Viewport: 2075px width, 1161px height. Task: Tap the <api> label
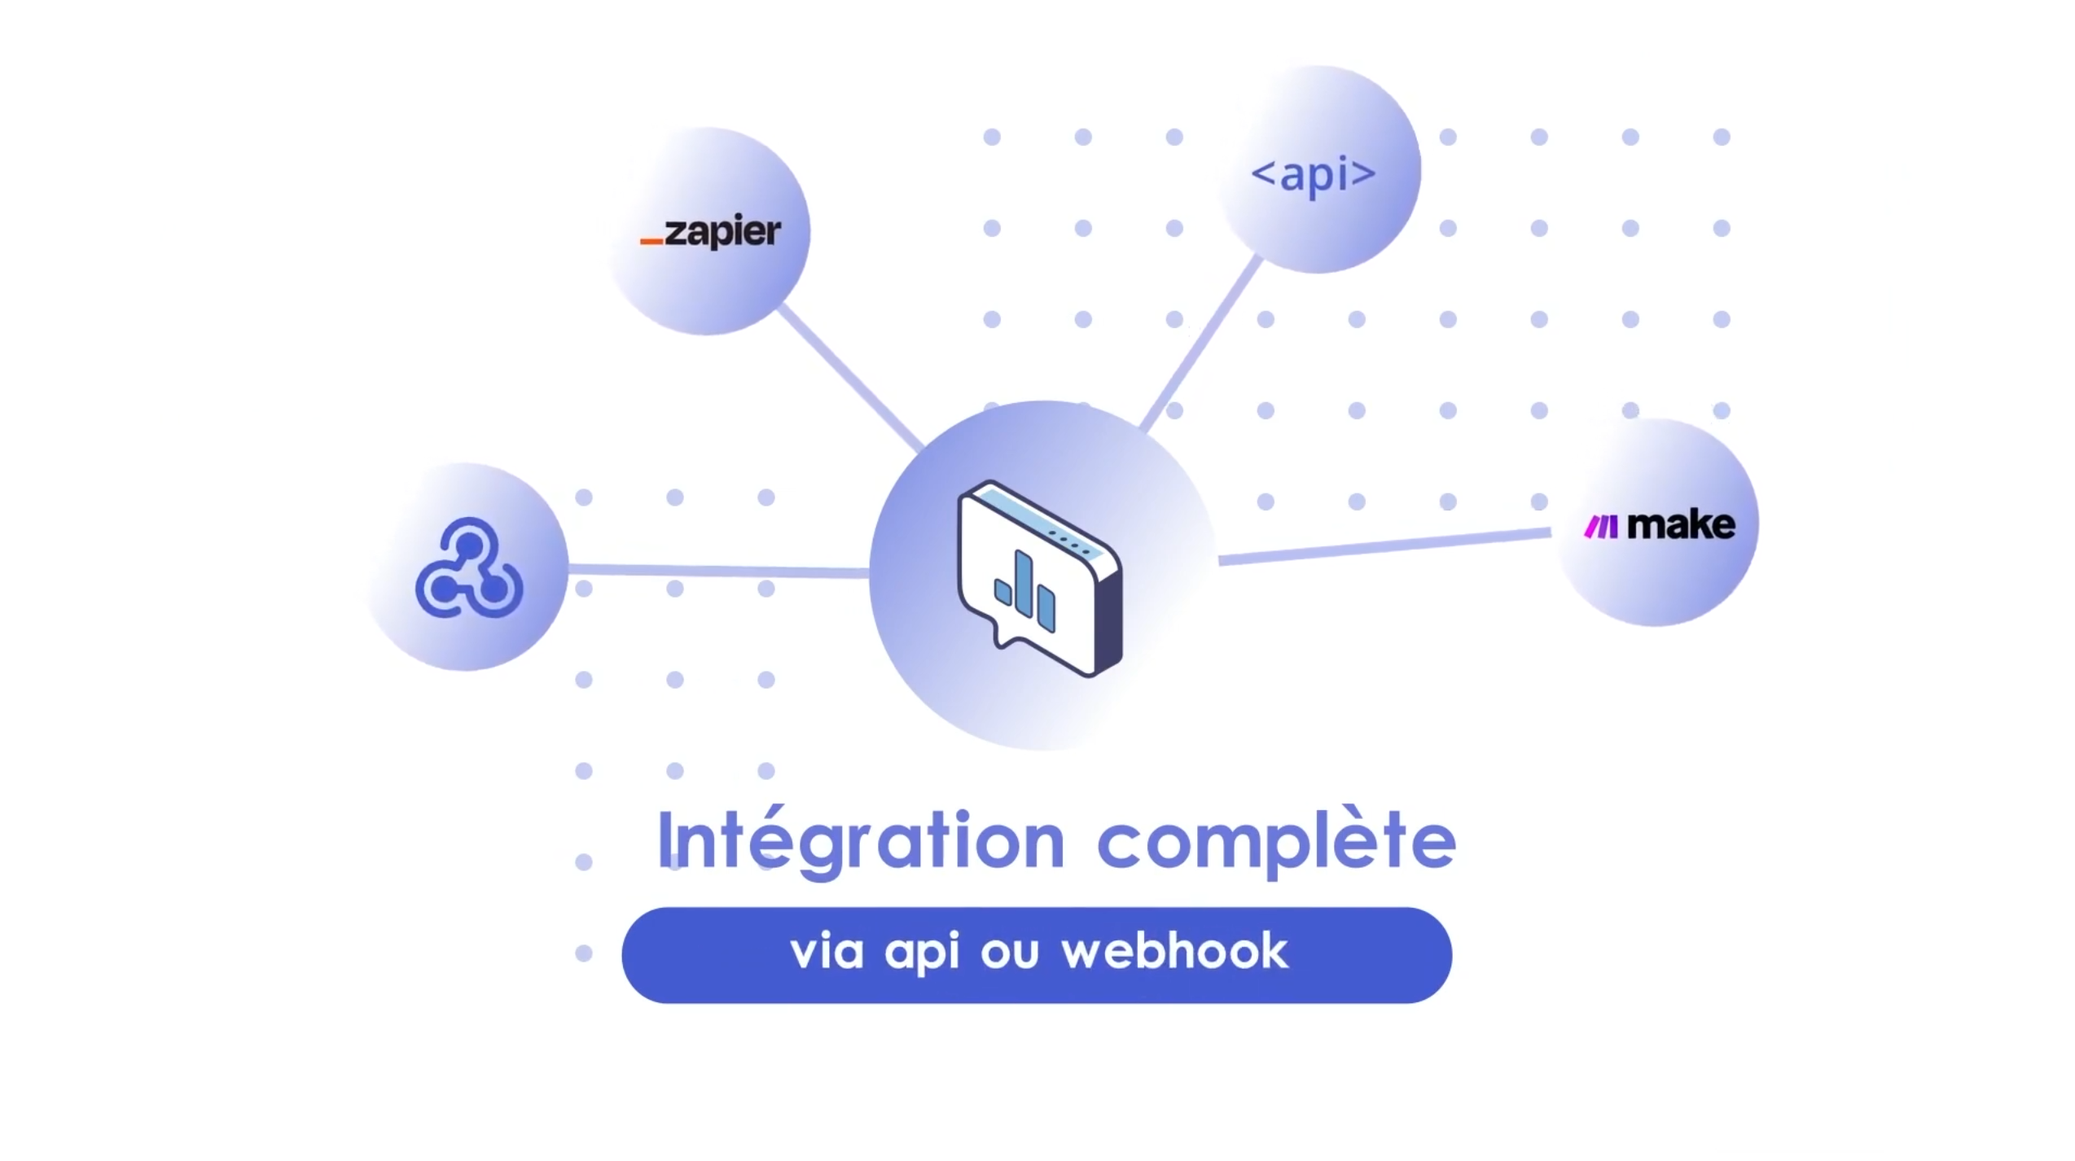click(x=1313, y=173)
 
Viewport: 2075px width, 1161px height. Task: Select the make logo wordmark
click(x=1681, y=525)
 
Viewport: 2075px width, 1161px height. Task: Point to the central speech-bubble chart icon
click(x=1040, y=578)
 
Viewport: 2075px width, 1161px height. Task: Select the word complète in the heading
click(x=1276, y=842)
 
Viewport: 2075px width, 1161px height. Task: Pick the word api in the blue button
click(x=922, y=953)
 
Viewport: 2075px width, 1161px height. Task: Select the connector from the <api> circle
click(x=1201, y=343)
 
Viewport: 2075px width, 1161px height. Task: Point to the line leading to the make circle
click(x=1384, y=545)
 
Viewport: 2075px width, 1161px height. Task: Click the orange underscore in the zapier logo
click(x=651, y=241)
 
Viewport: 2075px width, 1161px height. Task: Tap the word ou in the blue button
click(x=1010, y=953)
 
